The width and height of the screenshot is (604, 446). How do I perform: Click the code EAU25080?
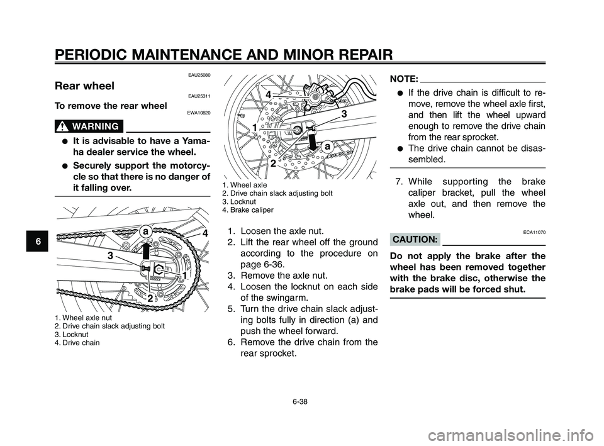[x=199, y=75]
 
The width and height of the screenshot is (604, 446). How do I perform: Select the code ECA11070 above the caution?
[x=534, y=231]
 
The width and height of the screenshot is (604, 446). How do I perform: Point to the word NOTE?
[x=403, y=79]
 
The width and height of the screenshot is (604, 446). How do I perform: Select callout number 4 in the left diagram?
[x=204, y=233]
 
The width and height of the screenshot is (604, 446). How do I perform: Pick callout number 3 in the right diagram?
[x=344, y=114]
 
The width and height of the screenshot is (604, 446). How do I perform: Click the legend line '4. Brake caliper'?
[x=248, y=210]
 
